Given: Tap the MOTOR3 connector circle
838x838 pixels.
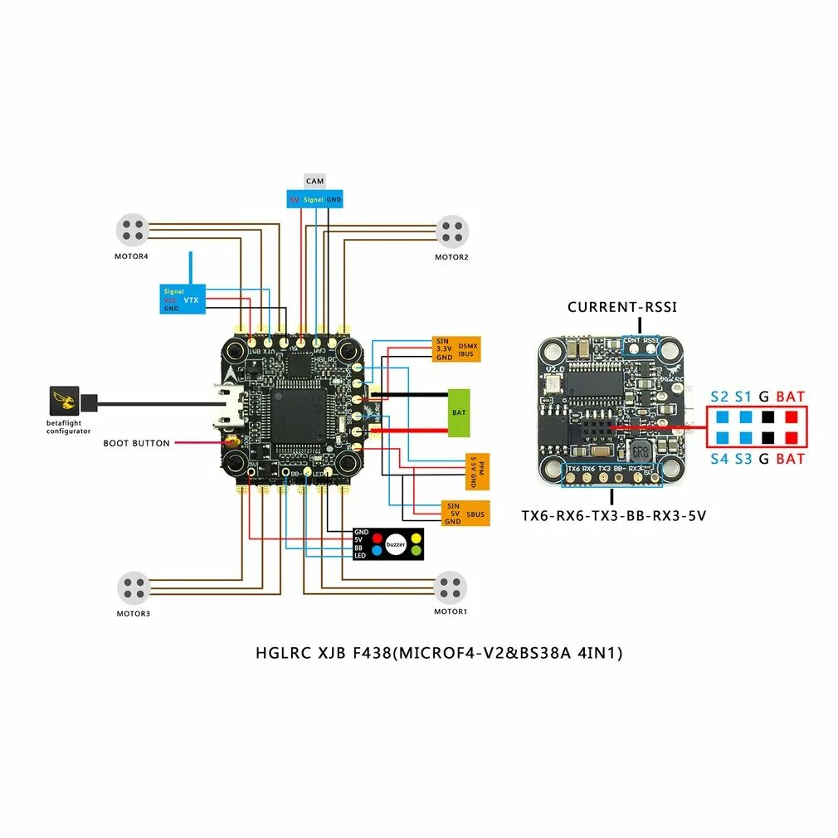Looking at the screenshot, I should point(133,587).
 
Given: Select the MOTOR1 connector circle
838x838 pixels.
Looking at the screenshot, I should point(451,587).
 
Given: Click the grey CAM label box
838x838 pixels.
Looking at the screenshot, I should point(314,181).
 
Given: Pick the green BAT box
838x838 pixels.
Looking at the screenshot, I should point(459,412).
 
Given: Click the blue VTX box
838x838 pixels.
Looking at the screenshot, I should point(182,299).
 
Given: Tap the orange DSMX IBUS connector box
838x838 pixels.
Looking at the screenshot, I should point(456,349).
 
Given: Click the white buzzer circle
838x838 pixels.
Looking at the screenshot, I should point(396,544).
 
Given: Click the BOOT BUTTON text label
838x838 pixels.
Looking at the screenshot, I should point(136,443).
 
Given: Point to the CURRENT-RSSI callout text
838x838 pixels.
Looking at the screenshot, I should point(621,307).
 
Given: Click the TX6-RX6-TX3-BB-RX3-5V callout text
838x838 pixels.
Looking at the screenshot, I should point(613,515).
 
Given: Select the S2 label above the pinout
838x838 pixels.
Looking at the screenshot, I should point(719,397).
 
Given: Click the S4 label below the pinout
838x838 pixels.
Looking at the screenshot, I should point(719,458).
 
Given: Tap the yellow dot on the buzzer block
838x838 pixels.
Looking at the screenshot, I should point(416,538).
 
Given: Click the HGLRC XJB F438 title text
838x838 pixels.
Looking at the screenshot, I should point(438,653).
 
